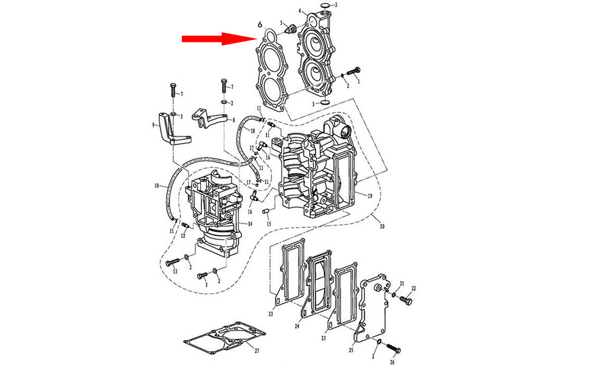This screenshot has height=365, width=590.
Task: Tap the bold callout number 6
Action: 260,24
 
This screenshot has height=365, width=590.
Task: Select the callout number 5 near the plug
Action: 282,24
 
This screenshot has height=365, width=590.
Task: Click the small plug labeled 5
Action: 291,28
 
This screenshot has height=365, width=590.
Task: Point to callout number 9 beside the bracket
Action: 153,125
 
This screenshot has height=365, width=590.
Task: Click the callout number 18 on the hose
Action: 252,131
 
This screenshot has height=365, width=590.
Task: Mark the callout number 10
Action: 156,185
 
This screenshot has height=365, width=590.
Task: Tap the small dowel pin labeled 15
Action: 265,211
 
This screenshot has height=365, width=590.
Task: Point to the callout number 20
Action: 381,227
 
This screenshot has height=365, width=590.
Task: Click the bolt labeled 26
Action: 394,349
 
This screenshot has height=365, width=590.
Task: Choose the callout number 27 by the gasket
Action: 256,351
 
